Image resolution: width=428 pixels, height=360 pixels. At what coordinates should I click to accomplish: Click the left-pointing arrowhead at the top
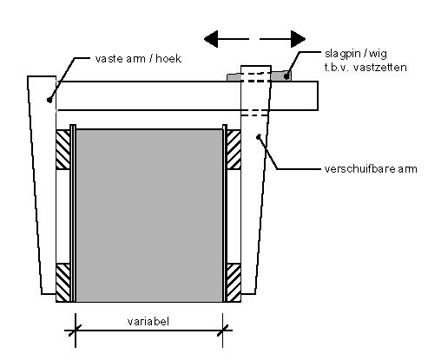pyautogui.click(x=211, y=39)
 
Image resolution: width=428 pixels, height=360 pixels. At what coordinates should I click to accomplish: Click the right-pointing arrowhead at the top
pyautogui.click(x=298, y=39)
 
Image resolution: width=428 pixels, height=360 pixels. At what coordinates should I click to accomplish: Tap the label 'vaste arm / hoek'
pyautogui.click(x=138, y=59)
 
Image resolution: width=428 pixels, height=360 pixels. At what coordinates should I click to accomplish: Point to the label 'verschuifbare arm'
pyautogui.click(x=371, y=168)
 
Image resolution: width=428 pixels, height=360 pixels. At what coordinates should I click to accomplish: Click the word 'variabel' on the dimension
pyautogui.click(x=148, y=321)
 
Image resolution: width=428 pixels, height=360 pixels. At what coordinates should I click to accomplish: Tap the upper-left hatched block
pyautogui.click(x=63, y=150)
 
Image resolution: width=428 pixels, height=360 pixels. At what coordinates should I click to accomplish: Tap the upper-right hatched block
pyautogui.click(x=234, y=150)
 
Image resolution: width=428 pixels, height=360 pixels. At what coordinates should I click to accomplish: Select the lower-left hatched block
pyautogui.click(x=63, y=283)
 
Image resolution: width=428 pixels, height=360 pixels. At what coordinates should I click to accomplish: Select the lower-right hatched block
pyautogui.click(x=234, y=283)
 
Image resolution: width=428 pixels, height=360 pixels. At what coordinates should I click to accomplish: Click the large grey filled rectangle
pyautogui.click(x=149, y=216)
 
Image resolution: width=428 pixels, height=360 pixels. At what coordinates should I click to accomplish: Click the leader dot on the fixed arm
pyautogui.click(x=49, y=100)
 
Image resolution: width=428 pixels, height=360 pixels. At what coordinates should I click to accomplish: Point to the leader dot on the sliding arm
pyautogui.click(x=259, y=136)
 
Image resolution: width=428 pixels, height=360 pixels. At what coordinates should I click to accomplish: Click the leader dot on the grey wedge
pyautogui.click(x=286, y=76)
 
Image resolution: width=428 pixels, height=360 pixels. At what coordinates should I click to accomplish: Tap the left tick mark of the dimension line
pyautogui.click(x=76, y=331)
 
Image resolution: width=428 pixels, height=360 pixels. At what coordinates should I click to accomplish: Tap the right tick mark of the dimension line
pyautogui.click(x=222, y=331)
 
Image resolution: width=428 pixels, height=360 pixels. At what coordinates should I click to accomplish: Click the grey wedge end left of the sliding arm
pyautogui.click(x=234, y=77)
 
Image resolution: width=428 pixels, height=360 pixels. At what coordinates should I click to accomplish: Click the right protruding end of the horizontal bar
pyautogui.click(x=294, y=95)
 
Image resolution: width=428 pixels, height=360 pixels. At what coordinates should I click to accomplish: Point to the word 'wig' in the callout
pyautogui.click(x=379, y=55)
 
